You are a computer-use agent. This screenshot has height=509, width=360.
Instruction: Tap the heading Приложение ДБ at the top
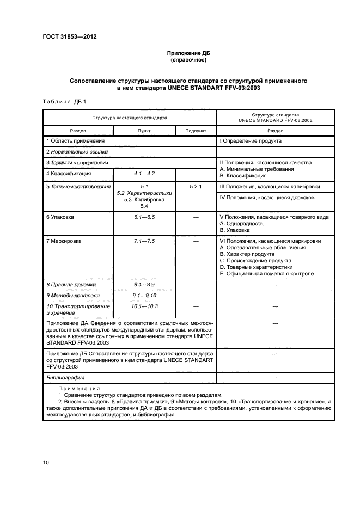(187, 53)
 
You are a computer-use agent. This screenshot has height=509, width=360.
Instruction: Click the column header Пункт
(144, 131)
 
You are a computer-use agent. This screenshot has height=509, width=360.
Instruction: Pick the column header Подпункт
(196, 131)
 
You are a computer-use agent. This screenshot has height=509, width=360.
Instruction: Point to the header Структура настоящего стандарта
(129, 117)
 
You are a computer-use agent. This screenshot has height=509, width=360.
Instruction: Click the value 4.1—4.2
(144, 174)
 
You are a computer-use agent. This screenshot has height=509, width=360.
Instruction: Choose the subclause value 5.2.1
(196, 186)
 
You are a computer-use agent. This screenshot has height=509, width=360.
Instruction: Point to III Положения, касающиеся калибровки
(269, 187)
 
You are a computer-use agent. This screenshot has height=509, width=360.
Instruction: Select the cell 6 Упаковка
(60, 217)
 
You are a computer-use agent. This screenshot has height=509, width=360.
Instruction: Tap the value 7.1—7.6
(144, 241)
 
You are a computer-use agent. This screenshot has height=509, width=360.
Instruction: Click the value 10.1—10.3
(144, 306)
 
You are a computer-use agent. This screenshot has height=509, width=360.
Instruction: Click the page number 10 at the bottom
(46, 463)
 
